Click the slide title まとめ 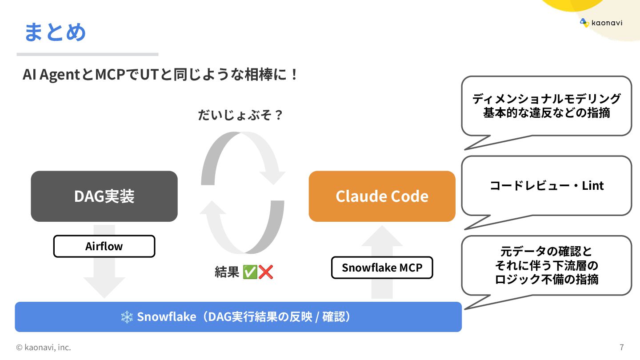click(55, 32)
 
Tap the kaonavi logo click(600, 23)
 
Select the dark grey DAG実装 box click(104, 196)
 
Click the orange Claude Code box click(382, 196)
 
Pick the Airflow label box click(104, 246)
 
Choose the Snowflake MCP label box click(382, 268)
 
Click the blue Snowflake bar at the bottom click(238, 317)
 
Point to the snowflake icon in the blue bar click(127, 317)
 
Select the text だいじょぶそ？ click(240, 116)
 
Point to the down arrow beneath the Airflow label click(104, 280)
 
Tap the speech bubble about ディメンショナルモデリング click(546, 106)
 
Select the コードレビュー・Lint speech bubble click(546, 185)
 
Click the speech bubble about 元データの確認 click(546, 265)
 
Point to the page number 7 click(621, 347)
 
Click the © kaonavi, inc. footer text click(44, 347)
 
